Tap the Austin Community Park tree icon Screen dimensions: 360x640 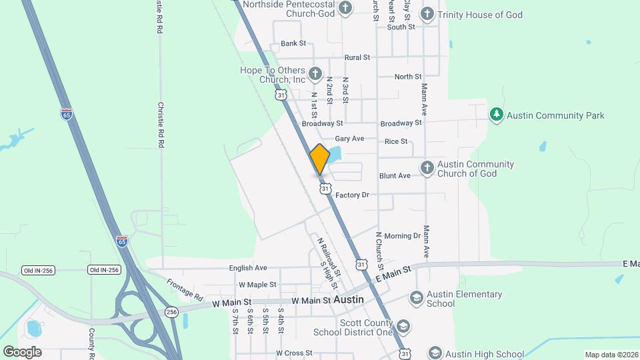496,115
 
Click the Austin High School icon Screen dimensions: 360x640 435,353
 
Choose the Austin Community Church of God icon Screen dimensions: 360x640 427,167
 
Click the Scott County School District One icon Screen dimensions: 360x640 403,327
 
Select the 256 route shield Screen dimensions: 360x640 172,312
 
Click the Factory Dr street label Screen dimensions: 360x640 352,195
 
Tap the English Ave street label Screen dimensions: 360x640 248,268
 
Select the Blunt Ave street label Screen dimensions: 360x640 395,176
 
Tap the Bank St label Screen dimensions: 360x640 293,43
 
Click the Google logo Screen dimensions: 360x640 22,352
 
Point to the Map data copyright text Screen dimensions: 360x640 611,355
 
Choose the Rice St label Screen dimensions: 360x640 396,141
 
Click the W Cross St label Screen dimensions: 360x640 294,353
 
